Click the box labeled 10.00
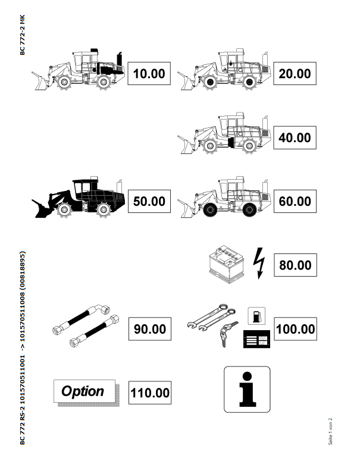[149, 74]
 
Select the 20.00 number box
[295, 74]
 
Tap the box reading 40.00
[295, 137]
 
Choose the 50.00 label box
[149, 201]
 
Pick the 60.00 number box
[295, 201]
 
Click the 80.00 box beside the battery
[295, 265]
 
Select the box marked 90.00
[150, 329]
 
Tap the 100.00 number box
[295, 329]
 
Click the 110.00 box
[150, 393]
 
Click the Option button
[84, 391]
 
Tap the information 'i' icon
[247, 390]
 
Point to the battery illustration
[227, 264]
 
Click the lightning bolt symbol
[259, 264]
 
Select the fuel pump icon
[256, 316]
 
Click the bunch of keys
[228, 333]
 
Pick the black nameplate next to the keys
[256, 339]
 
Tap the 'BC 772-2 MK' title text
[23, 35]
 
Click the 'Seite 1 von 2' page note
[330, 431]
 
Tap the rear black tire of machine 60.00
[249, 209]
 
